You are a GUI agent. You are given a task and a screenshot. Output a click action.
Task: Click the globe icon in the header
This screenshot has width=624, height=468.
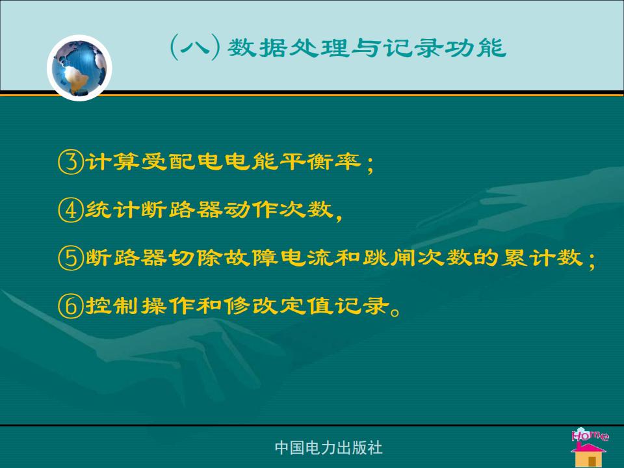79,68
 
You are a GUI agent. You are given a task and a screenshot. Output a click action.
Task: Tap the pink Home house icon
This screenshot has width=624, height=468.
590,447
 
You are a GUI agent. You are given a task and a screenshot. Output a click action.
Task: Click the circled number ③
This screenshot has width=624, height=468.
71,162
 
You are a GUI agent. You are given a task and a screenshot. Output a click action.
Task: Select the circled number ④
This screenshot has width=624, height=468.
71,210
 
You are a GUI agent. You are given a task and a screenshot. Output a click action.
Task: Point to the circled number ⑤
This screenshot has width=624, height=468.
71,258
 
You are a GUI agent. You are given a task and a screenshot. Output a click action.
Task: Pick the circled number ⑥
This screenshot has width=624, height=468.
71,305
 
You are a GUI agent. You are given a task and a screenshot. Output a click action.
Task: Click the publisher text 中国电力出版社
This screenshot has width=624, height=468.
328,448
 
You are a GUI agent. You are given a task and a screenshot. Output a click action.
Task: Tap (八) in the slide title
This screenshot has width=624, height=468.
196,47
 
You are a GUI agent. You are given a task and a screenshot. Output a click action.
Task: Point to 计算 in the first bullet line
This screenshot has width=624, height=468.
112,162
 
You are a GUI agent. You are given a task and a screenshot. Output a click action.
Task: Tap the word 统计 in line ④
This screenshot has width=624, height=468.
112,210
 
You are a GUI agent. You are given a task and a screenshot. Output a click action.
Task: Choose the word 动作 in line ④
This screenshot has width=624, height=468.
250,210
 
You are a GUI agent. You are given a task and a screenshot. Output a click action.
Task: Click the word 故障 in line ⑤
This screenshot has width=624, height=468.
250,258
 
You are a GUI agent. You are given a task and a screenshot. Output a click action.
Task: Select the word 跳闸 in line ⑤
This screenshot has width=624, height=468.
389,258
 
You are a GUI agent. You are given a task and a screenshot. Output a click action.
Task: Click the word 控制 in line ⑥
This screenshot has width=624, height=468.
112,305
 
